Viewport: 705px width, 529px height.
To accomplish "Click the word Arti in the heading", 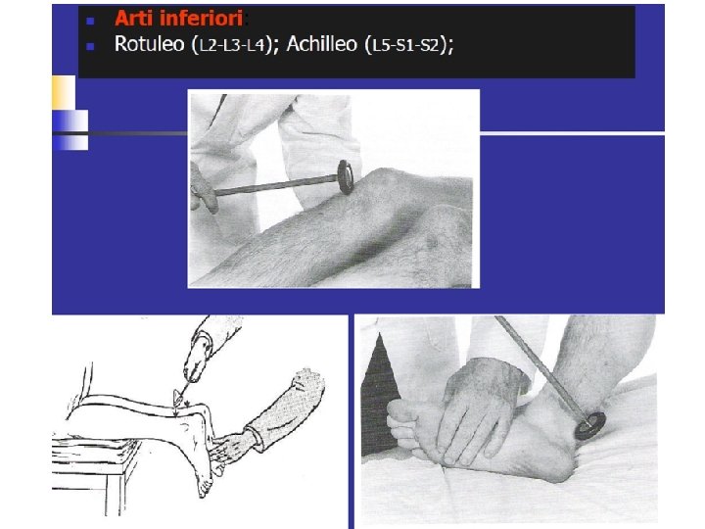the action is [x=133, y=19].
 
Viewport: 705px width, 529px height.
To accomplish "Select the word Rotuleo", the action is [x=150, y=44].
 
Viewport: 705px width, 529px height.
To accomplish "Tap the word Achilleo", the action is [x=322, y=44].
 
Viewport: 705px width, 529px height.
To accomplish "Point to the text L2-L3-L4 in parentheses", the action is [x=231, y=45].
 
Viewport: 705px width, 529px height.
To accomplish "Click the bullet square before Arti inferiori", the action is [x=90, y=21].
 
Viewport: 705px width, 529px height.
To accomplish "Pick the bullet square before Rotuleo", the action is [x=90, y=46].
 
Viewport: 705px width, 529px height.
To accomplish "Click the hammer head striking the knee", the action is [x=346, y=176].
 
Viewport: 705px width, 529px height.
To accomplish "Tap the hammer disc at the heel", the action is [x=589, y=425].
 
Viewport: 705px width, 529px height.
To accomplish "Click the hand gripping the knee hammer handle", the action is [x=204, y=188].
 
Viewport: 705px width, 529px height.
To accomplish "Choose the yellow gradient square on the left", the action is [x=64, y=92].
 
